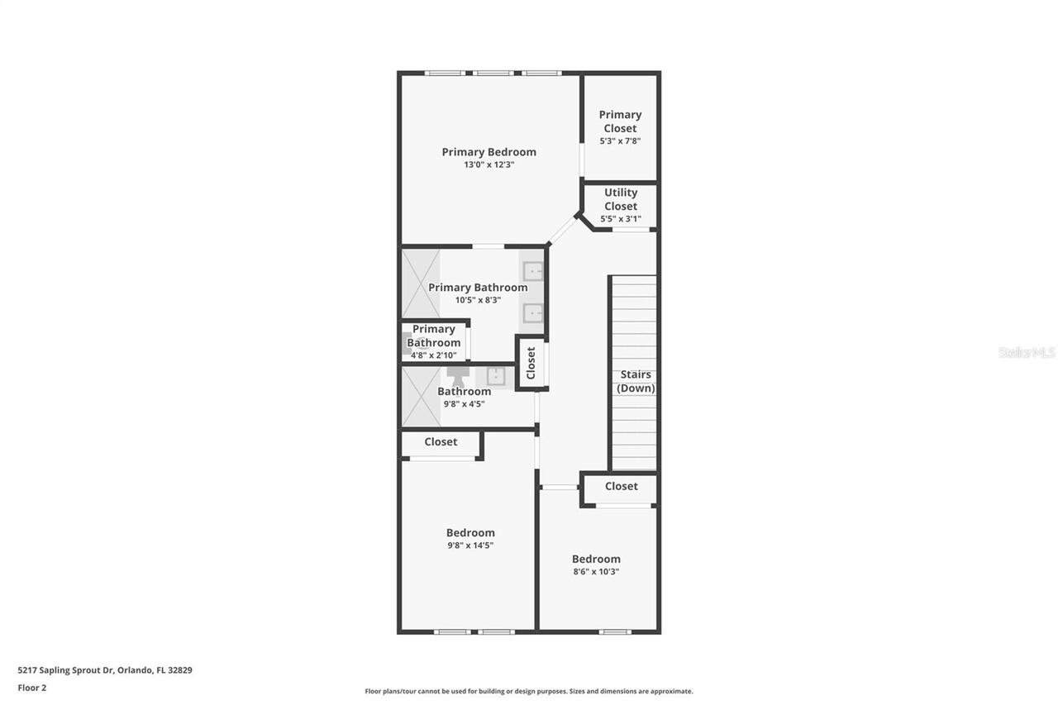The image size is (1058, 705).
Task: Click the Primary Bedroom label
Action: [488, 152]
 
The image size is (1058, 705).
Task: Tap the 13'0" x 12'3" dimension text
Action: [488, 165]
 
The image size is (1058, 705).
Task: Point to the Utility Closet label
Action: [620, 199]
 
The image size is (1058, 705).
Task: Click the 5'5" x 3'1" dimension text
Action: [620, 220]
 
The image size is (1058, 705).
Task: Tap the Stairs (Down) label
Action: [636, 381]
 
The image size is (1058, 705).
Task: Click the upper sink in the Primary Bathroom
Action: [533, 270]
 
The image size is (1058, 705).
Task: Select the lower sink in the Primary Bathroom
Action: [533, 313]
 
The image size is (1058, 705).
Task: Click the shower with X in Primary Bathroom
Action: [421, 283]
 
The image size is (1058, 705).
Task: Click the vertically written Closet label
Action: [531, 363]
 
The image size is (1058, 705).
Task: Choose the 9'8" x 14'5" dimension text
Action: [470, 545]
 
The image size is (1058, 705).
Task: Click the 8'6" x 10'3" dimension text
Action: [596, 572]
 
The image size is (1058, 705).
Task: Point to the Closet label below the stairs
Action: [621, 487]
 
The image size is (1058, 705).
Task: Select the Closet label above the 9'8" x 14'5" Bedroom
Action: [441, 442]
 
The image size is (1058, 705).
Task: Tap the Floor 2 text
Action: [32, 688]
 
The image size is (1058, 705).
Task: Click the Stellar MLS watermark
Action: [1027, 353]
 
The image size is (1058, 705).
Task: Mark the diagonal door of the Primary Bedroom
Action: [563, 231]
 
